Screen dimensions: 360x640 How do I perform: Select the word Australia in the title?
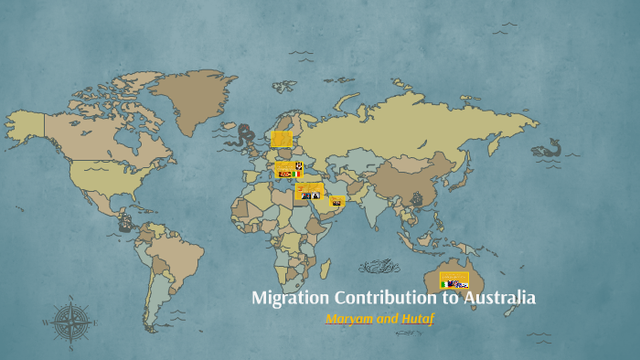(x=499, y=299)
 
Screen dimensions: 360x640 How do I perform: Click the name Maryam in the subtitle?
(x=348, y=320)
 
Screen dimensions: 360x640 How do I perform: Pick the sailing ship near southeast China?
(x=418, y=198)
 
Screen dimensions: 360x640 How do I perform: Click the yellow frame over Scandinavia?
(x=282, y=139)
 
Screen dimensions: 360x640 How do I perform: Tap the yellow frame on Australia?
(x=454, y=280)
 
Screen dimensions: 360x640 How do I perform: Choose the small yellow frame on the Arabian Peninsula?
(x=337, y=201)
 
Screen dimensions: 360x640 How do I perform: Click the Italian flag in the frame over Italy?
(x=296, y=174)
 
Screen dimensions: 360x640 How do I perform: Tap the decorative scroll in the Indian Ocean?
(x=379, y=267)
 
